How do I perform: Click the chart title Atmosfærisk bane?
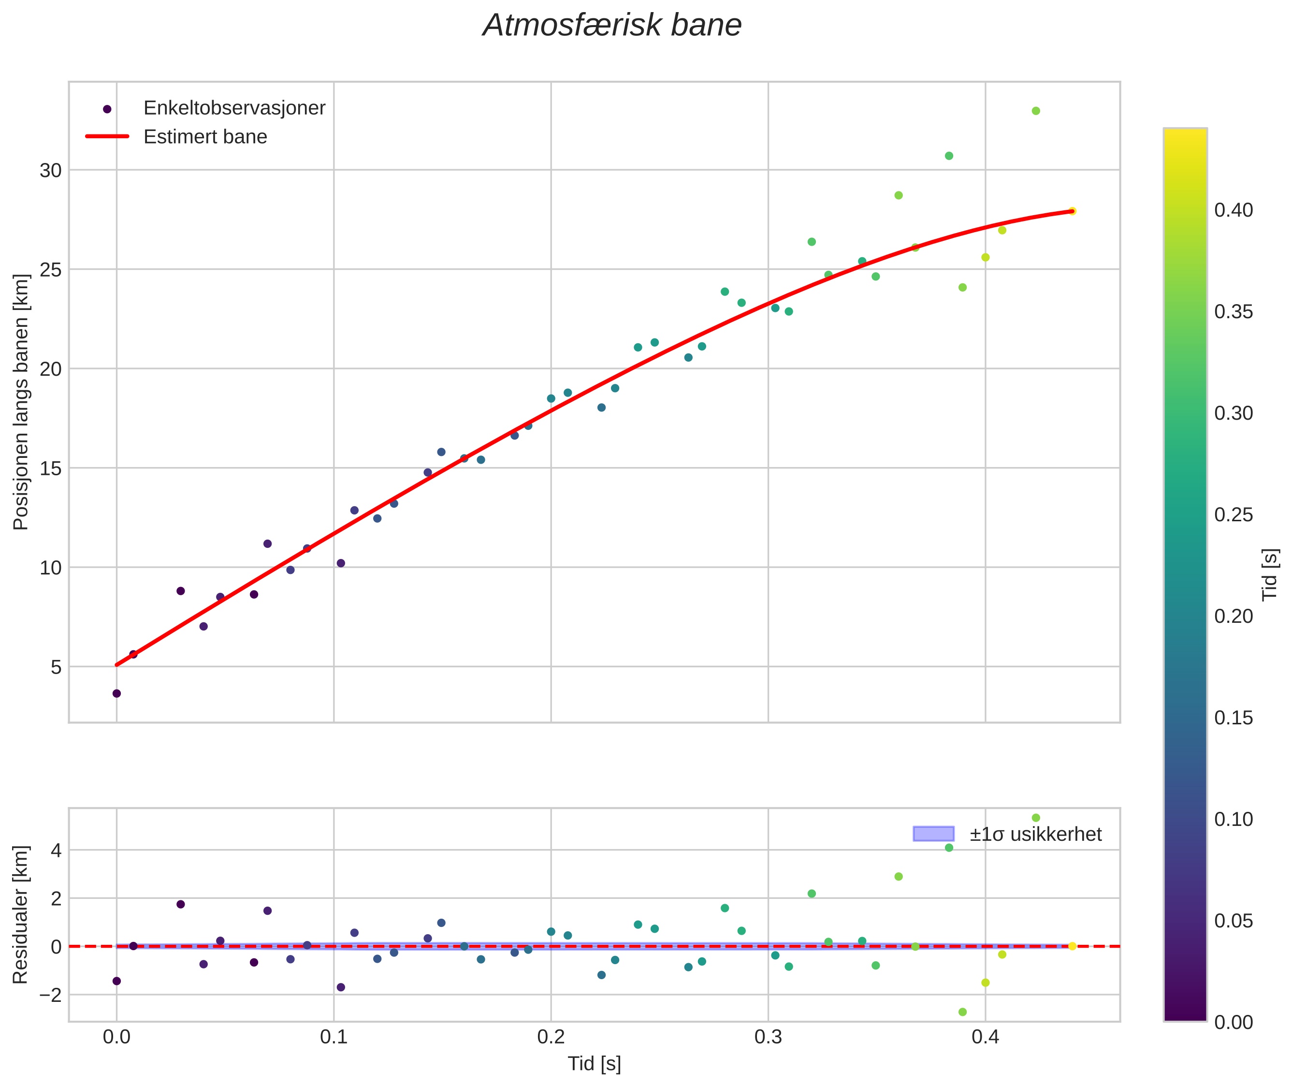(612, 26)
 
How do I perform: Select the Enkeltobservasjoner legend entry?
(234, 108)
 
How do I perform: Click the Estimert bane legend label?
(205, 137)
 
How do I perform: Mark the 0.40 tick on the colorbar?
(1233, 210)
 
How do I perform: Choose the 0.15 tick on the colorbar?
(1233, 718)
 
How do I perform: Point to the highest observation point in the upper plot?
(1036, 111)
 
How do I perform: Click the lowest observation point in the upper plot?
(116, 694)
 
